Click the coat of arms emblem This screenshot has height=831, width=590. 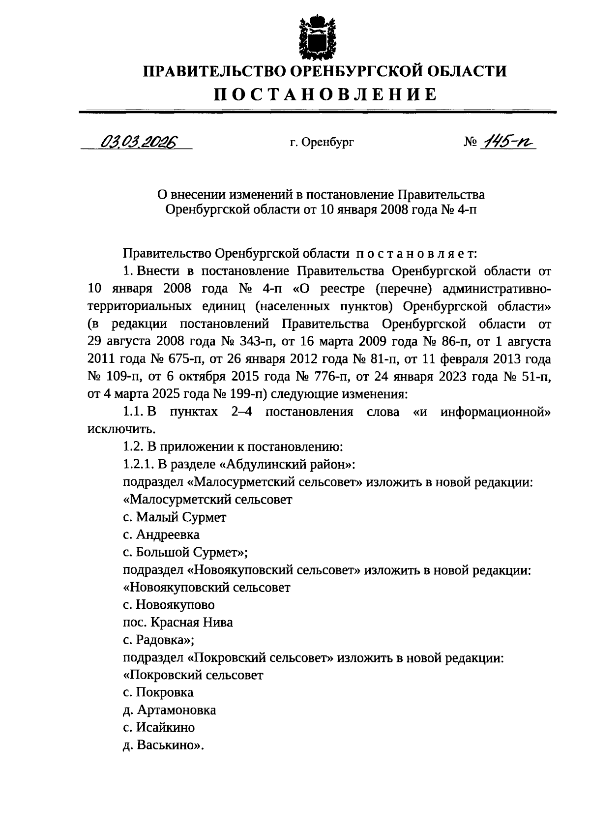pos(317,37)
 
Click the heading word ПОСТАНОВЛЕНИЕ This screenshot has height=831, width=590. pos(324,94)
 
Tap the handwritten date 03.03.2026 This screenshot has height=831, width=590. pos(139,142)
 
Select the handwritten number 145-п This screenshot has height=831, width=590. pos(509,142)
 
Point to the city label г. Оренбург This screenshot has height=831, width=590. pos(322,143)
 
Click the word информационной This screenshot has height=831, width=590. pos(495,412)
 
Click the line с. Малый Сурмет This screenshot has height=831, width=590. pos(175,517)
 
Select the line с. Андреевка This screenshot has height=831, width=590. pos(161,534)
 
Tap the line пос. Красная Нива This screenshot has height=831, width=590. pos(177,623)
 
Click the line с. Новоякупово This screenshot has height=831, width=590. pos(169,605)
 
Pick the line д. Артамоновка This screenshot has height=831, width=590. pos(169,710)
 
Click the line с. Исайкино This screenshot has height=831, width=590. pos(158,728)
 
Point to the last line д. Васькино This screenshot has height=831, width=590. pos(163,745)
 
